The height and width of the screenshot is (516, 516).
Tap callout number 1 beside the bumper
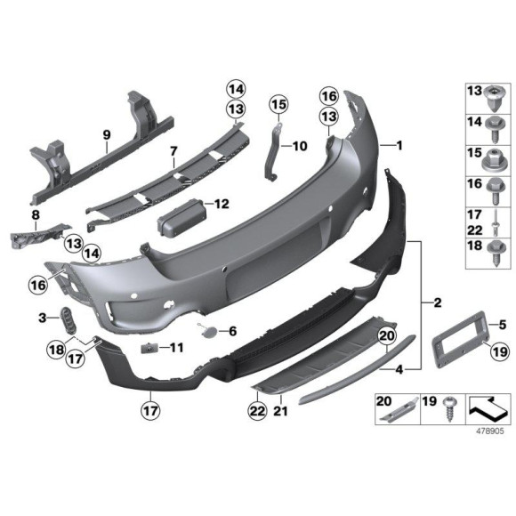pyautogui.click(x=399, y=145)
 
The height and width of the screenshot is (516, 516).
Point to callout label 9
pyautogui.click(x=106, y=136)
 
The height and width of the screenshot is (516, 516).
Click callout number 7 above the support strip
pyautogui.click(x=173, y=151)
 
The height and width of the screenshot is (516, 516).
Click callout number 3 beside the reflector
pyautogui.click(x=42, y=317)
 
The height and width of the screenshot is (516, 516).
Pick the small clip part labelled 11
pyautogui.click(x=150, y=346)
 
